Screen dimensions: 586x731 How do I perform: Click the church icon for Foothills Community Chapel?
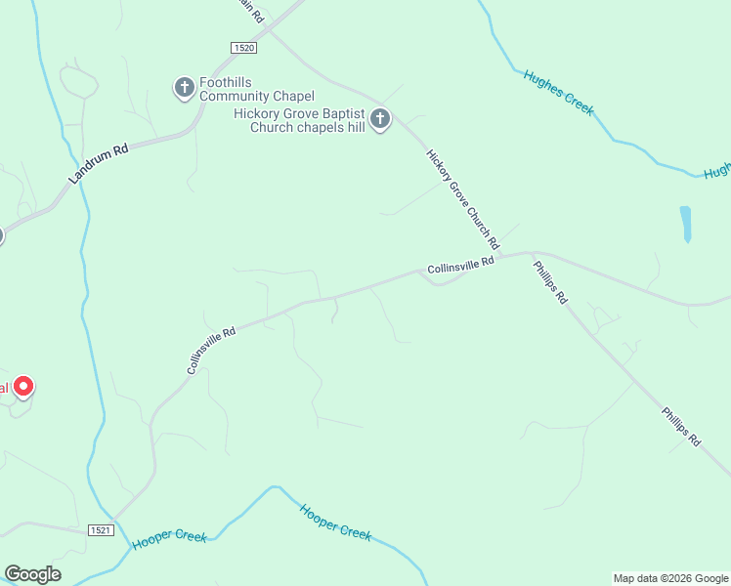[184, 89]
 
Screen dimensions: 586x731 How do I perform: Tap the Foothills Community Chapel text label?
[257, 89]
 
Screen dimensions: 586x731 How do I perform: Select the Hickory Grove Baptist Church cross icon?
[380, 120]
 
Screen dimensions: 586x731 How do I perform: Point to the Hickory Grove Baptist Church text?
[299, 120]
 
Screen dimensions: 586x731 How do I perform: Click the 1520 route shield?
[244, 48]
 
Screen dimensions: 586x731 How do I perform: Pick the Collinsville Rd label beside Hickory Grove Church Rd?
[461, 265]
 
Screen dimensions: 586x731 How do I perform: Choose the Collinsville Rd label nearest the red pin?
[212, 351]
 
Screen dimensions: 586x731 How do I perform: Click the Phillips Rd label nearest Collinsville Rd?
[549, 282]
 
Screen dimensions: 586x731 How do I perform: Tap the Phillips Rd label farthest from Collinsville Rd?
[680, 427]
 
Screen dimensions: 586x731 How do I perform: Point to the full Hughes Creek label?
[558, 93]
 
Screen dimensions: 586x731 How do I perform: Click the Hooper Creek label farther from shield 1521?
[336, 522]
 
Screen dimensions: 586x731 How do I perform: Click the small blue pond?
[685, 224]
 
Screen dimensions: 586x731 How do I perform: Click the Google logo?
[32, 573]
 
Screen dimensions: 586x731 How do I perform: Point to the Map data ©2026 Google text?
[670, 578]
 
